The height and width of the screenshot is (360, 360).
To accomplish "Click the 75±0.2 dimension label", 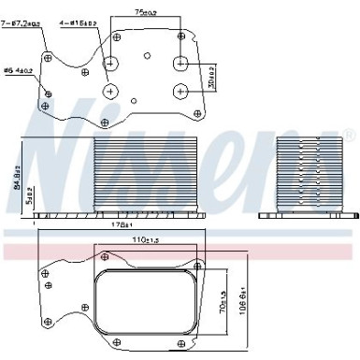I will tap(145, 12).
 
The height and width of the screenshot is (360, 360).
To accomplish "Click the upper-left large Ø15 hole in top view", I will tap(111, 64).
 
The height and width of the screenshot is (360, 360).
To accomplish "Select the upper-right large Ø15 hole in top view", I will tap(179, 64).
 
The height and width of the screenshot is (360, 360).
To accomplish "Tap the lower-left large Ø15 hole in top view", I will tap(111, 92).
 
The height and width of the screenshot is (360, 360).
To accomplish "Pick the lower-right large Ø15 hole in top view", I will tap(179, 92).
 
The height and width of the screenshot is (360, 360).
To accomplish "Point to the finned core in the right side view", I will tap(310, 174).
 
